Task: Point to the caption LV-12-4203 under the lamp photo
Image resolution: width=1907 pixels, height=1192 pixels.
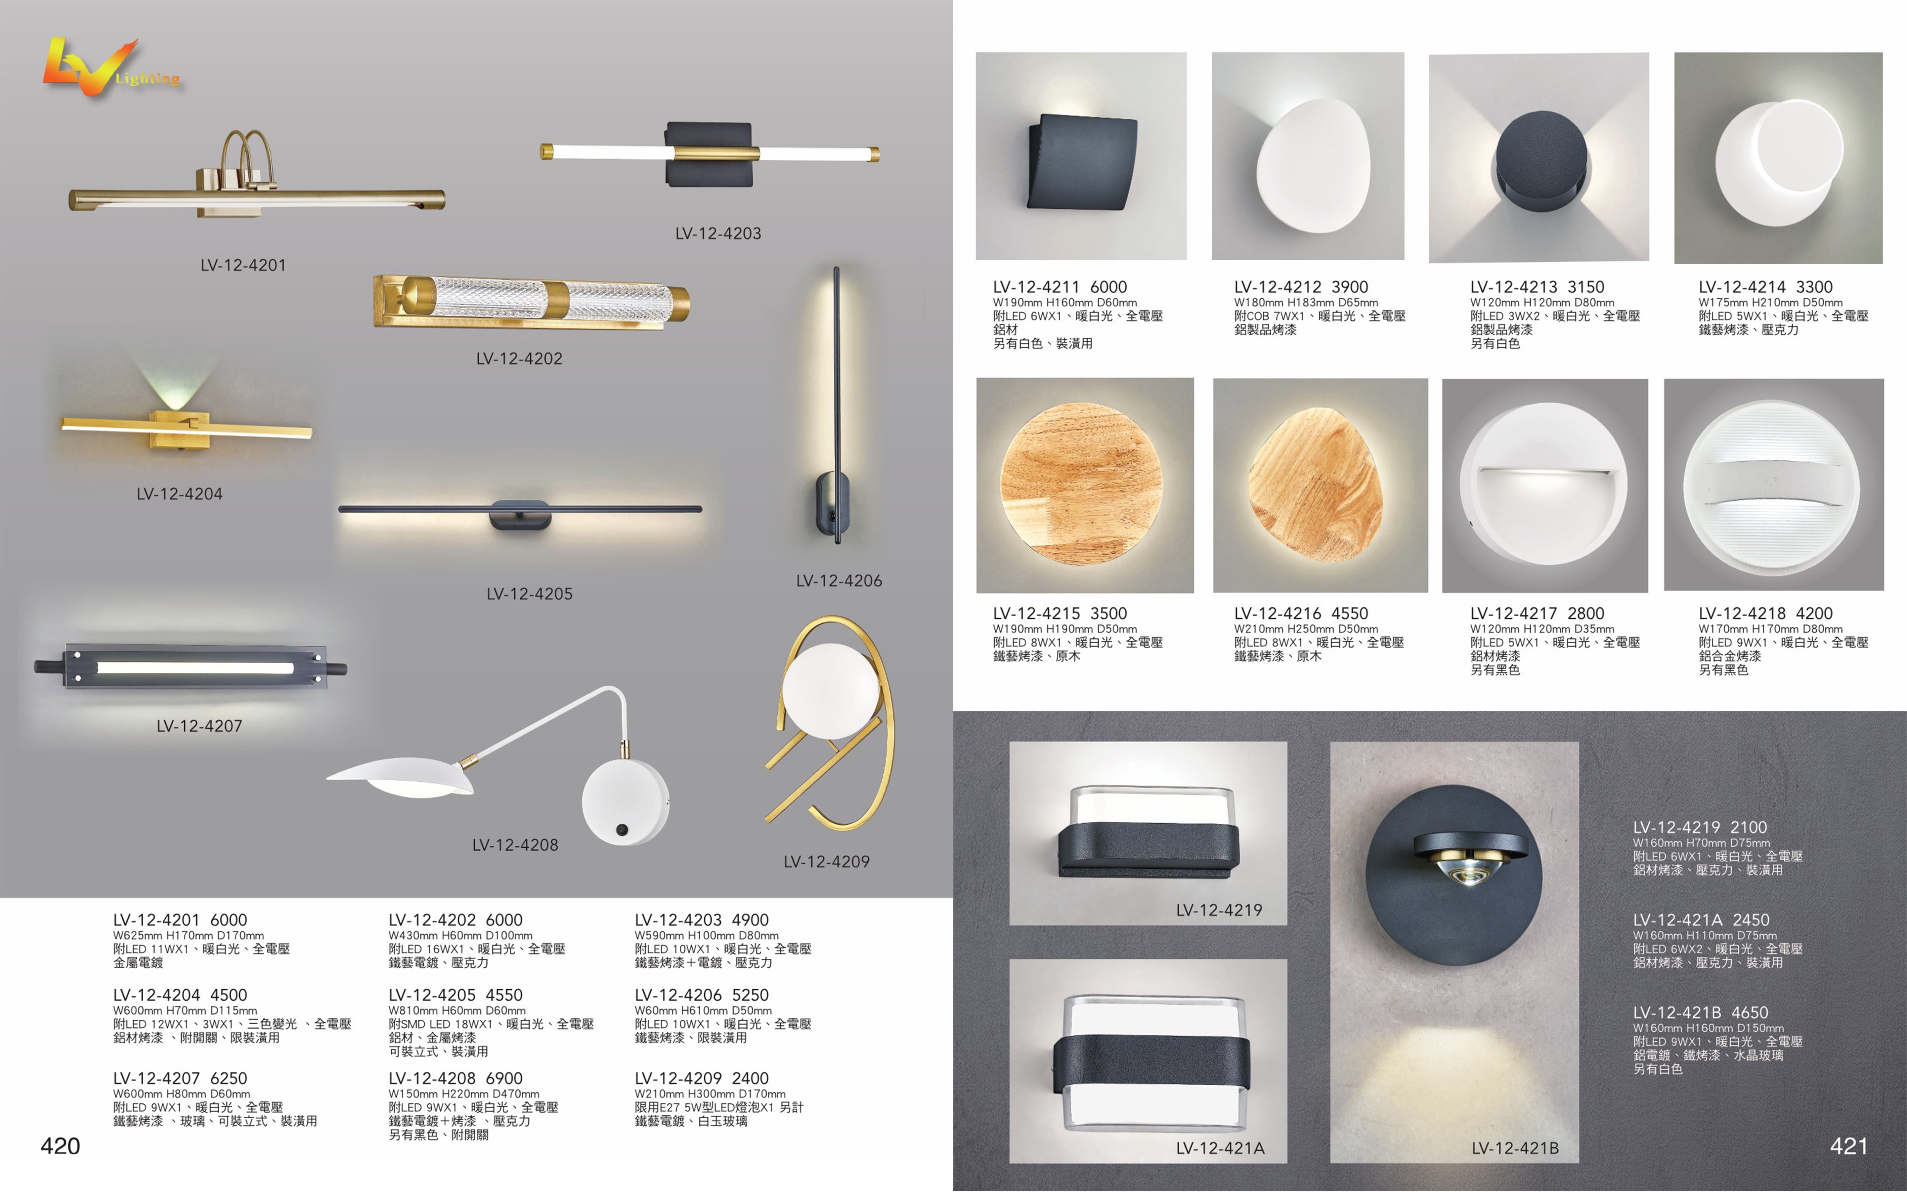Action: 718,234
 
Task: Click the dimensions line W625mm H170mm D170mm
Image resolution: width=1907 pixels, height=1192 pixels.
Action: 189,936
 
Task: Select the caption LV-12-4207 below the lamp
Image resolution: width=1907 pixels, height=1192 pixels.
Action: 199,726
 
